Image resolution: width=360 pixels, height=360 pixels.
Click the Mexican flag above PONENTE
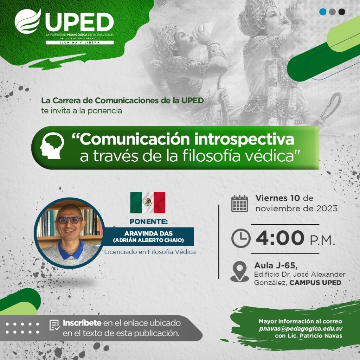(148, 203)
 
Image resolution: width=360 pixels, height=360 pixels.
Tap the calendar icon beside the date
(239, 204)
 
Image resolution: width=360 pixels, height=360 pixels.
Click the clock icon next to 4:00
(241, 238)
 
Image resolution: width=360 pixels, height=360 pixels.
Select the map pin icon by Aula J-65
(239, 272)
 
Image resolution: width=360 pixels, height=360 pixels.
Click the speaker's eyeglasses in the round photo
(69, 220)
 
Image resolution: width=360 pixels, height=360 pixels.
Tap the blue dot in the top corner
(323, 12)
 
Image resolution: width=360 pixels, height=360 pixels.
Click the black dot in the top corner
(342, 12)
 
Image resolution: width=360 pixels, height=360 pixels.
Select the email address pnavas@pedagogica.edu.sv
(301, 329)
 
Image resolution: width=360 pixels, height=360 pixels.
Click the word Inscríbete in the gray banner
(82, 323)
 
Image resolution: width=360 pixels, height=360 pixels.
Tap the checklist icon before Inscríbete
(54, 325)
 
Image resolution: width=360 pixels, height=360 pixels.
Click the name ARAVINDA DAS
(148, 233)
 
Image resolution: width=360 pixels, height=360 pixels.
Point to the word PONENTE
(149, 221)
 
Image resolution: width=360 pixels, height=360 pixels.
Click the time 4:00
(280, 238)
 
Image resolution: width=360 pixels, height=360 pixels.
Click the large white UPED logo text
(79, 22)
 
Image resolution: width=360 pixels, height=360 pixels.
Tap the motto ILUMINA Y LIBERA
(80, 43)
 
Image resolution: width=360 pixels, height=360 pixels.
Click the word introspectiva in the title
(244, 139)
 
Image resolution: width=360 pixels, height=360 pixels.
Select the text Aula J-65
(276, 266)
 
